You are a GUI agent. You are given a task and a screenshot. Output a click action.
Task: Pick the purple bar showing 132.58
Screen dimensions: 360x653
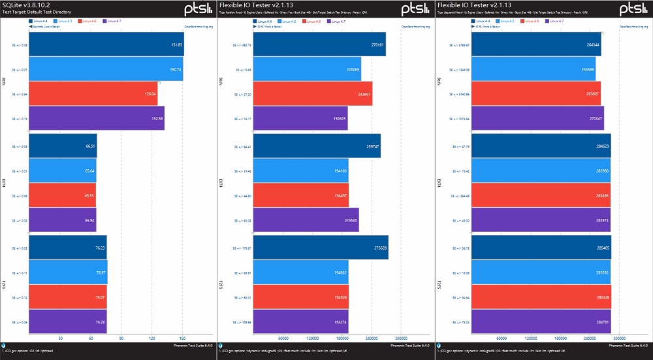pyautogui.click(x=97, y=118)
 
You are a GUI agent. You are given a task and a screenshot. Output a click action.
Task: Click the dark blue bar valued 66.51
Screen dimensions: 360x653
pyautogui.click(x=63, y=146)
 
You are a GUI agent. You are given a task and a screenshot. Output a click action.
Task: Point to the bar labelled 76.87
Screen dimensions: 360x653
pyautogui.click(x=68, y=272)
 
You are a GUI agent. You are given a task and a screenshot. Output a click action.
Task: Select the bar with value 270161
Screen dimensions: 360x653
pyautogui.click(x=319, y=44)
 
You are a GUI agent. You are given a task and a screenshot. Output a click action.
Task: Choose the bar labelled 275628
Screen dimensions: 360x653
pyautogui.click(x=321, y=248)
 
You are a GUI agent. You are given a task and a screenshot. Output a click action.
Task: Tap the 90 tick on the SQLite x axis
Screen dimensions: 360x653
pyautogui.click(x=121, y=338)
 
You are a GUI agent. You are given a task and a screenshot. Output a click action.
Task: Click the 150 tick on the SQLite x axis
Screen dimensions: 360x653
pyautogui.click(x=182, y=338)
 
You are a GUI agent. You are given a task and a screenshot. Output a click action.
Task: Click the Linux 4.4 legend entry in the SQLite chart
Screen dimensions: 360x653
pyautogui.click(x=39, y=22)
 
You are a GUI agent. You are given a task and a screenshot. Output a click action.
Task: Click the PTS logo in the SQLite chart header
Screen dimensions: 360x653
pyautogui.click(x=197, y=8)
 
